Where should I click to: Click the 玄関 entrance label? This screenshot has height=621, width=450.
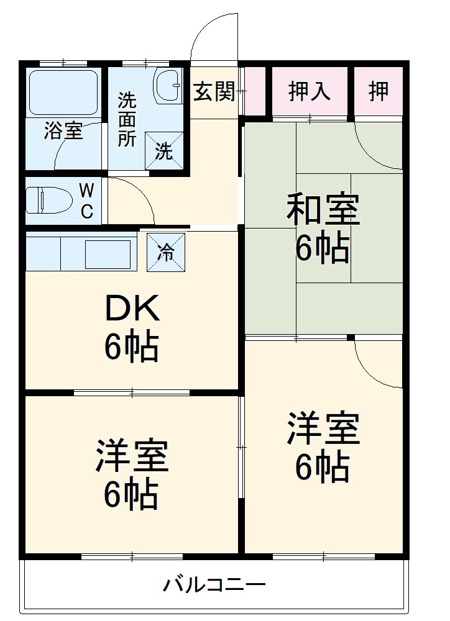pos(214,92)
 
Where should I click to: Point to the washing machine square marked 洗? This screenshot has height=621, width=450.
pos(164,150)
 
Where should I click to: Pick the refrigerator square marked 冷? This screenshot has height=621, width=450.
pos(166,252)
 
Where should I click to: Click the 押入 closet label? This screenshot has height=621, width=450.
pos(309,92)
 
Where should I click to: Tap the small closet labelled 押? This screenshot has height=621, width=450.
pos(379,92)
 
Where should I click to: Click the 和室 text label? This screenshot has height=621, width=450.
pos(323,210)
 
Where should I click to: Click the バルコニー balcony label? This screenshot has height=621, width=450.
pos(214,584)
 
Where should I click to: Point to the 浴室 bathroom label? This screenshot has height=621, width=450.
pos(63,132)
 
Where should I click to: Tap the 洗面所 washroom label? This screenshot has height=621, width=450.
pos(127,119)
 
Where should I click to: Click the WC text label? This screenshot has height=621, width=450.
pos(86,200)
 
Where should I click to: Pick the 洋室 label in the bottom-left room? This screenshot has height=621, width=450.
pos(132,456)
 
